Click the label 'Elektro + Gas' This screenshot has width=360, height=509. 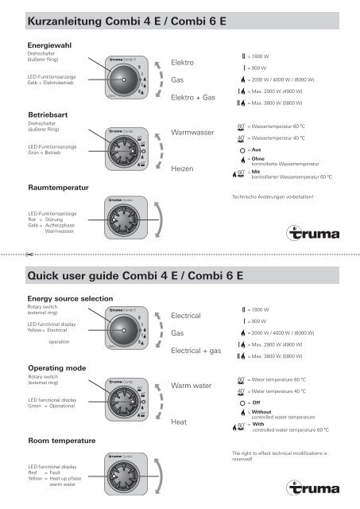[194, 98]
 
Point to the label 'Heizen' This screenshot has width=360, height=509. [184, 169]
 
